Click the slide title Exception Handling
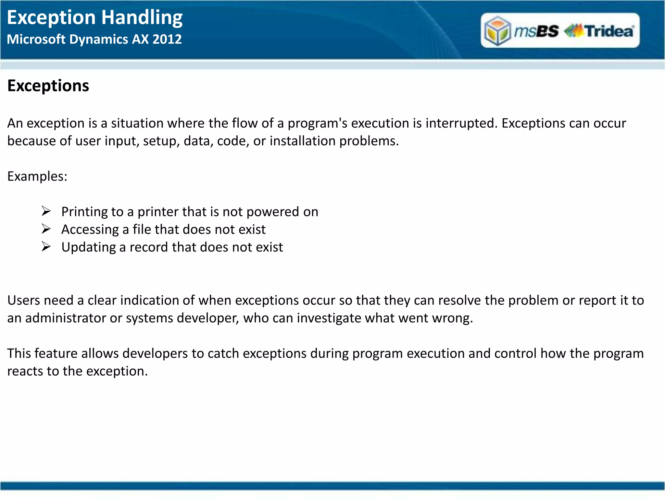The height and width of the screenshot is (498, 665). [x=94, y=18]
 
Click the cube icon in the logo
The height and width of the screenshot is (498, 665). [x=497, y=30]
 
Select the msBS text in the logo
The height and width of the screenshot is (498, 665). [x=536, y=31]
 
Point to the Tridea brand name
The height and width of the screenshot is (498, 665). [x=609, y=31]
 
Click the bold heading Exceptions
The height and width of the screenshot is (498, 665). [x=48, y=86]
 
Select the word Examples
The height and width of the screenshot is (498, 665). [x=36, y=176]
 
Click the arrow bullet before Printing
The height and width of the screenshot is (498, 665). [x=46, y=211]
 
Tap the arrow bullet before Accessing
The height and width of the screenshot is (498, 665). [x=46, y=229]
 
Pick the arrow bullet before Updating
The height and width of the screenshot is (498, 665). [x=46, y=247]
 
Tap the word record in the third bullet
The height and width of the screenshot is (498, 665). [x=149, y=247]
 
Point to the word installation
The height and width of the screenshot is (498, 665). [x=302, y=141]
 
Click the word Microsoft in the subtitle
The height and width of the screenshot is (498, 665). [x=36, y=39]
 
